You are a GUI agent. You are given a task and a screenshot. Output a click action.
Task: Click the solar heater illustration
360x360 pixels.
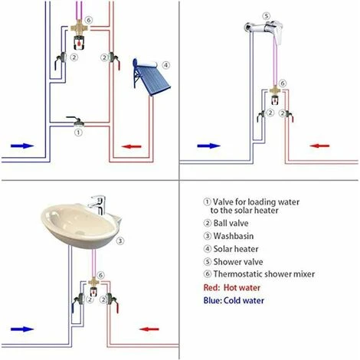[151, 77]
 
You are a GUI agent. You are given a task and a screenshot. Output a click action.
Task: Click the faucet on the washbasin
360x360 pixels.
[98, 205]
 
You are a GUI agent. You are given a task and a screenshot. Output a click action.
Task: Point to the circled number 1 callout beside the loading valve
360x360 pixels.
[78, 133]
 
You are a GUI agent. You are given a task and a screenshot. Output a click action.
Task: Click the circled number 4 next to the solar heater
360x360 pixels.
[166, 65]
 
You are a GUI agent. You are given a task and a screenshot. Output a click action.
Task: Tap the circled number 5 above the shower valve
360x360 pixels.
[267, 16]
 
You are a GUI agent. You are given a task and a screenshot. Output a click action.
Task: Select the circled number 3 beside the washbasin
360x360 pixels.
[120, 241]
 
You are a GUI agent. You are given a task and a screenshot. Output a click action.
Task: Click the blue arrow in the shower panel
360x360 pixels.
[208, 146]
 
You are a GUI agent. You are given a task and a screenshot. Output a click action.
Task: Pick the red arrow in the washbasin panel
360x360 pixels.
[149, 329]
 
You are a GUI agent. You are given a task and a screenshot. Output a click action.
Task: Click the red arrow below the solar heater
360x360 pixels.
[131, 146]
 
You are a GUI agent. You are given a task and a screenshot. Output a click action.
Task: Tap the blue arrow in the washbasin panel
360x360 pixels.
[22, 329]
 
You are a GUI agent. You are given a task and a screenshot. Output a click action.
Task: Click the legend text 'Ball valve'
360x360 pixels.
[231, 223]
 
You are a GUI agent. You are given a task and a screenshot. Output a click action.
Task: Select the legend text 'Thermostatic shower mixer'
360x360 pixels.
[264, 274]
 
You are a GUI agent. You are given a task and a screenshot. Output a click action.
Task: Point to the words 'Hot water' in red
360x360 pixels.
[242, 287]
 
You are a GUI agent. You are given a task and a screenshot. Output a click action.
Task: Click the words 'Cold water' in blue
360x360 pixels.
[244, 300]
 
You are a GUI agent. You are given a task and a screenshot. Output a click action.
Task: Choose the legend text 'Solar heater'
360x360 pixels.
[236, 249]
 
